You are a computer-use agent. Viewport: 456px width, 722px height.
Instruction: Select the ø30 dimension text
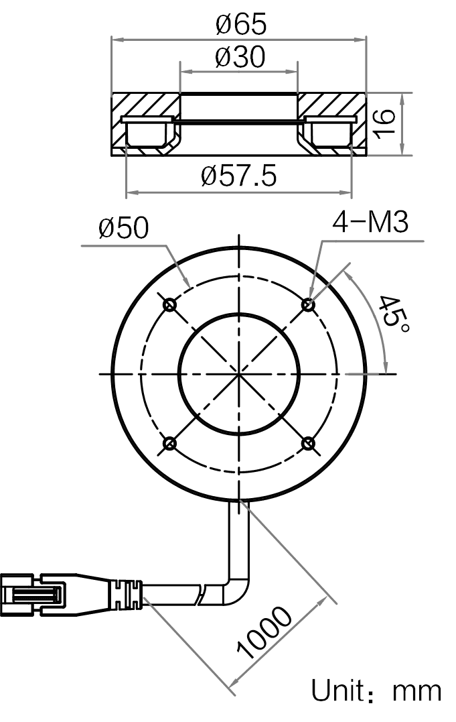[x=240, y=56]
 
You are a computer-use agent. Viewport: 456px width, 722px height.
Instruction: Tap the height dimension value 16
[x=384, y=124]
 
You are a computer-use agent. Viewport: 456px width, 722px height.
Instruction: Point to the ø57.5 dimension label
[x=239, y=176]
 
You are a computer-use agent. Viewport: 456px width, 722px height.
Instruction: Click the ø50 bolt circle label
[x=123, y=227]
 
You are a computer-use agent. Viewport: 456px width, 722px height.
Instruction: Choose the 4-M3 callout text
[x=370, y=222]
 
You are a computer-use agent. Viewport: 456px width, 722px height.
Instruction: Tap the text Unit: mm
[x=376, y=690]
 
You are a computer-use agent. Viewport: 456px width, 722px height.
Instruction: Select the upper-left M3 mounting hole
[x=170, y=304]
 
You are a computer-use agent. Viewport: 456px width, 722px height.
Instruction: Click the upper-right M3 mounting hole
[x=308, y=304]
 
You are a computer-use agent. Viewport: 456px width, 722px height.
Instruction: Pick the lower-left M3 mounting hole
[x=170, y=443]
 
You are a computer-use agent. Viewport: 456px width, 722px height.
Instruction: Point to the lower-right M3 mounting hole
[x=308, y=443]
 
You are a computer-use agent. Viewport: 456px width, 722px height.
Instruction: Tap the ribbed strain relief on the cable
[x=126, y=595]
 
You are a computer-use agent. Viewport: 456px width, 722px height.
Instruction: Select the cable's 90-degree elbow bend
[x=238, y=589]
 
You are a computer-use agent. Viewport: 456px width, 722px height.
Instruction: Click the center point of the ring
[x=239, y=373]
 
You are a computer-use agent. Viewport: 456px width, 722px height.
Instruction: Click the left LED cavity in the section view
[x=147, y=132]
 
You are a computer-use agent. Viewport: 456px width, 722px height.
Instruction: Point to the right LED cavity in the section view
[x=330, y=132]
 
